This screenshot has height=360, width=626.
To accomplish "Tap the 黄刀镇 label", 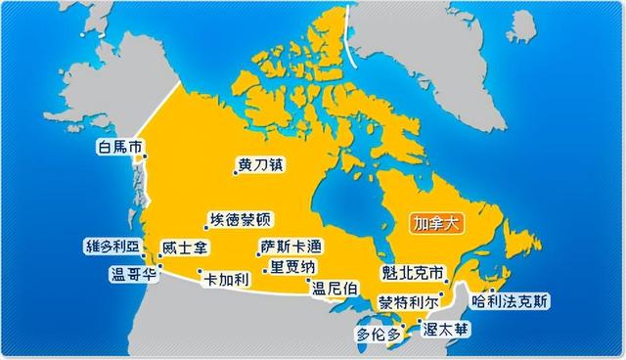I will point(260,164).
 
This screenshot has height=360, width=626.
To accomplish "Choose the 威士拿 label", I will point(183,249).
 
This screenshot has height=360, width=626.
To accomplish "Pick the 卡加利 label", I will point(226,280).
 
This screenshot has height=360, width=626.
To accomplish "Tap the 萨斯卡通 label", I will point(291,247).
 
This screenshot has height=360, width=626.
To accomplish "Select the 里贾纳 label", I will point(293,267).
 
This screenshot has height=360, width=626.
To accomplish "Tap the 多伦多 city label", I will point(379,335).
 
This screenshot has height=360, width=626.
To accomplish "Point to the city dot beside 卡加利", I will point(200,271).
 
